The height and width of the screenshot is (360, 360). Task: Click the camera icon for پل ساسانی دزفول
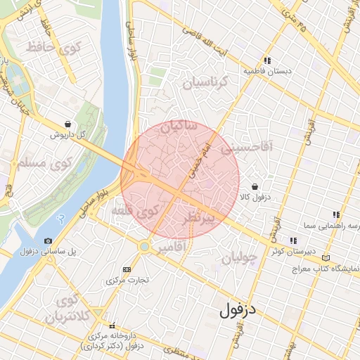click(48, 240)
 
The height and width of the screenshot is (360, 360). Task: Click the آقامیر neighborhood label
click(171, 248)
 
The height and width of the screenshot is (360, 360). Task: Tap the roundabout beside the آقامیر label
click(146, 246)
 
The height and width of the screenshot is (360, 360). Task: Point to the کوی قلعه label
click(140, 210)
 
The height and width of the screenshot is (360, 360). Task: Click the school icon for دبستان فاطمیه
click(267, 60)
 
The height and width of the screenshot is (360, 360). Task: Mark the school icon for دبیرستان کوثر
click(292, 240)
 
